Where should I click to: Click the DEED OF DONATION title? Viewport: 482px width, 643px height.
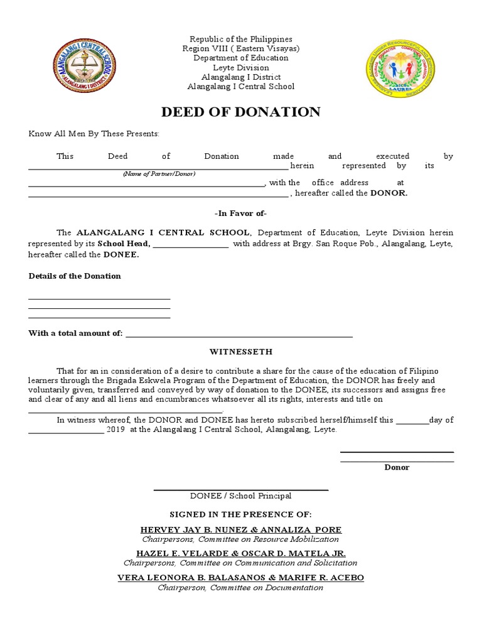[241, 112]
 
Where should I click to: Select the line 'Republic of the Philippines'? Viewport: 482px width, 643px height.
[241, 39]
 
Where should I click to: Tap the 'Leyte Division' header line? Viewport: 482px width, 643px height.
[241, 67]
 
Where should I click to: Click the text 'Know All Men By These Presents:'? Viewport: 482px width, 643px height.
[94, 134]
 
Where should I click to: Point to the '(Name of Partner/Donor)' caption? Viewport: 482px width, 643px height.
[159, 174]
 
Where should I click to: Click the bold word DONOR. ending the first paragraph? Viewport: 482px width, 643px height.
[388, 193]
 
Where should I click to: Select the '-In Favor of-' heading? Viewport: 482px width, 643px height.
[241, 213]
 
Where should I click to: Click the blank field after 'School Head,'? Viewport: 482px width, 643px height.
[191, 244]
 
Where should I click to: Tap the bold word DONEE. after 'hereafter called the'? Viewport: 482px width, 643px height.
[120, 255]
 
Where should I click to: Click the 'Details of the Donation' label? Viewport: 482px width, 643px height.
[75, 276]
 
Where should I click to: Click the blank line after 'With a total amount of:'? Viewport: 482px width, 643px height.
[239, 334]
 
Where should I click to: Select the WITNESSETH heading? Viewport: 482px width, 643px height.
[241, 352]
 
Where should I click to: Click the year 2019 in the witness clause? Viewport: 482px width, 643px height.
[116, 430]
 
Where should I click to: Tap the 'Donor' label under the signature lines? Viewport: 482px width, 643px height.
[397, 467]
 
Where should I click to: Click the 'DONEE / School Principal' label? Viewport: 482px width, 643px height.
[241, 496]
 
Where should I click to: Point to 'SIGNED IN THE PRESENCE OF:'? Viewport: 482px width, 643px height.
[241, 514]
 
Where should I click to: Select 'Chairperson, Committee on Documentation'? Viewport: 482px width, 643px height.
[241, 588]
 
